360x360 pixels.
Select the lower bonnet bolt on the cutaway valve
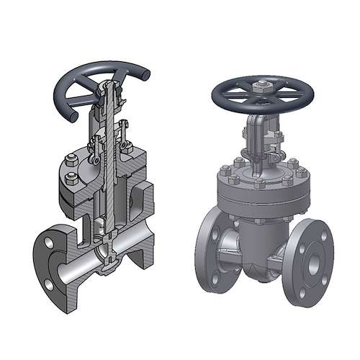click(x=71, y=177)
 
